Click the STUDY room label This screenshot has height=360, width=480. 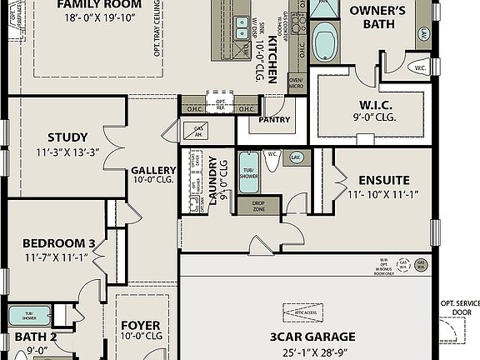(67, 137)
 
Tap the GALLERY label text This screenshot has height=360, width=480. (154, 170)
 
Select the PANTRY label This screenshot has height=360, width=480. (274, 119)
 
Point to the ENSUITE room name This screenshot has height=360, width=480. (383, 180)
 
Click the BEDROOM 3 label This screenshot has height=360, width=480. (58, 243)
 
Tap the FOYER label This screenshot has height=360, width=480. (141, 325)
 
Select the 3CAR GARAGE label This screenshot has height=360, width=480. (312, 337)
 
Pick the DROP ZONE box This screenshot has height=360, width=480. (258, 206)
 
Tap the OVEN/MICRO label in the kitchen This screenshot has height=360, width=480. (296, 82)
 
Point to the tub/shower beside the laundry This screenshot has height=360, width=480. (248, 172)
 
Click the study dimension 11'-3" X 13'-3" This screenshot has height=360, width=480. (67, 152)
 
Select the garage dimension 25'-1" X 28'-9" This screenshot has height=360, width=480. (312, 352)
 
